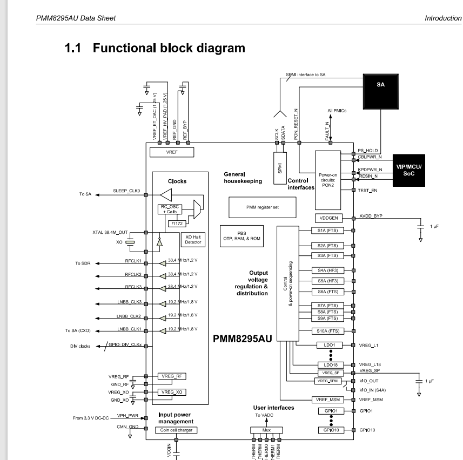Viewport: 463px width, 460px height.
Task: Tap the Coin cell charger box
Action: click(x=176, y=430)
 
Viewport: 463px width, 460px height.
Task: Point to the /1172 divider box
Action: click(x=176, y=223)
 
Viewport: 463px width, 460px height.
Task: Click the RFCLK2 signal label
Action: click(x=133, y=275)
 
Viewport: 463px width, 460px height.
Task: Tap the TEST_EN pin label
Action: click(x=367, y=190)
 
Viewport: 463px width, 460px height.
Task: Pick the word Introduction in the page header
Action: click(x=443, y=18)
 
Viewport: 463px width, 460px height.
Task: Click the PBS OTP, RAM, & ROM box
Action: click(x=241, y=236)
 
